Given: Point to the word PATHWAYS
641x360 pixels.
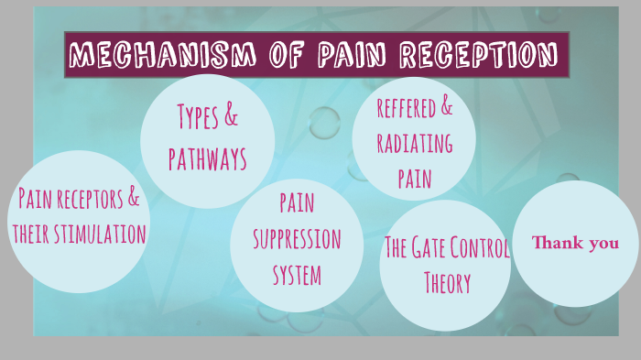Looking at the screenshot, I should click(208, 159).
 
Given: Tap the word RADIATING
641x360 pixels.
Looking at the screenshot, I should click(414, 144).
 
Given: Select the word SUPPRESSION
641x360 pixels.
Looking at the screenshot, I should click(297, 238).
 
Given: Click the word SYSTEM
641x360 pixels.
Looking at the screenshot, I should click(298, 273).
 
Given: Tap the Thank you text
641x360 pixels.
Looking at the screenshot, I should click(576, 243).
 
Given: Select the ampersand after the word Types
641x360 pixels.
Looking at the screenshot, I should click(232, 117).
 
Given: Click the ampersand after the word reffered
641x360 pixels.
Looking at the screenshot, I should click(446, 107).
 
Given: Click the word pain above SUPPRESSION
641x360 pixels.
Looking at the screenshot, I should click(298, 203).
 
